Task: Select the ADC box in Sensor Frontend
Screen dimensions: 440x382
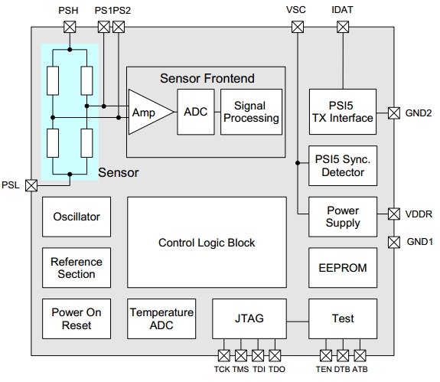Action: pos(196,112)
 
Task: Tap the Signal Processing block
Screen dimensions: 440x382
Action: pos(252,112)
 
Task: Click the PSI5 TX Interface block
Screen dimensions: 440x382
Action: pos(343,112)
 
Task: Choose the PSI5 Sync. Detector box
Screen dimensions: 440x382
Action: pos(343,165)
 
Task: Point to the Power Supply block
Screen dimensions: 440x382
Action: pos(343,217)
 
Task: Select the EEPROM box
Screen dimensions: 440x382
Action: pos(343,267)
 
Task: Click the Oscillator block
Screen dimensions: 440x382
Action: pos(77,217)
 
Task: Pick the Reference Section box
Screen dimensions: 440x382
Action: pos(77,267)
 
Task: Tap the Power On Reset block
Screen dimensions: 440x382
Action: pos(77,318)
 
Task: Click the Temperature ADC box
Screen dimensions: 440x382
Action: pos(161,318)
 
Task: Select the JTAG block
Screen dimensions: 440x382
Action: pos(249,318)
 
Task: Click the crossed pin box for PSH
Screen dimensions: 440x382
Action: pos(70,28)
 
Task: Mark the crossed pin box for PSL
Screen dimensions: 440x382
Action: pos(31,185)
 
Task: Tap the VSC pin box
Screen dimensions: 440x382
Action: pos(298,28)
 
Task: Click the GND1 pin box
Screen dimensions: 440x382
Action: pos(394,242)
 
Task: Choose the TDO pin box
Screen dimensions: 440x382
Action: pos(275,356)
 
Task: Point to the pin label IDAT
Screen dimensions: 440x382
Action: pos(342,10)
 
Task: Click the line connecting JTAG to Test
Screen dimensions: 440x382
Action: pos(298,322)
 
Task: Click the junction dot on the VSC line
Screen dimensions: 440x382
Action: pos(298,163)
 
